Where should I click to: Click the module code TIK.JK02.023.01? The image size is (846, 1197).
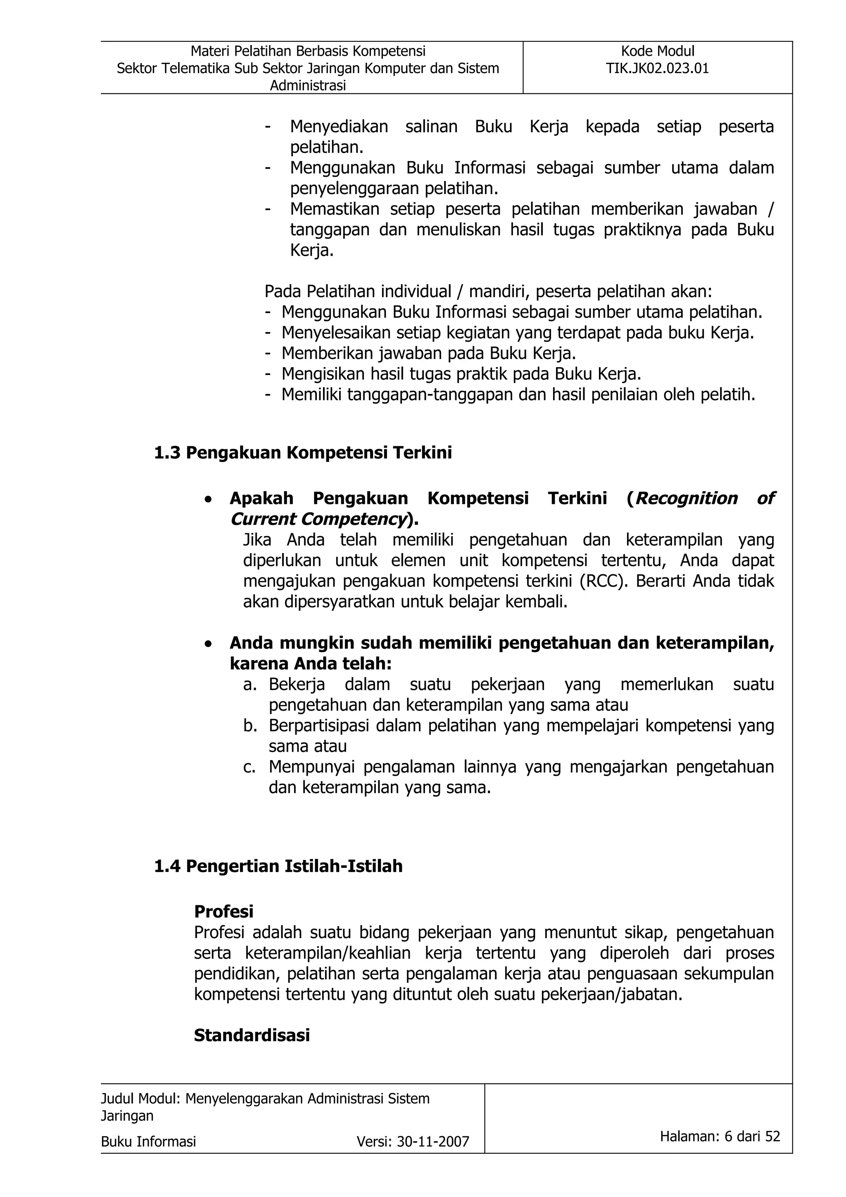657,68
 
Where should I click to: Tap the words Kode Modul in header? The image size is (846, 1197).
657,51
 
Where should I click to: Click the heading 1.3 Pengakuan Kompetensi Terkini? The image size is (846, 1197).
303,453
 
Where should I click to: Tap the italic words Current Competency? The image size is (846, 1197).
318,519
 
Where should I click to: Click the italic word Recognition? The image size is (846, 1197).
687,499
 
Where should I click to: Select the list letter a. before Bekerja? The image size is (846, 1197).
250,684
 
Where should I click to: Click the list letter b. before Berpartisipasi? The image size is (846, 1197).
250,726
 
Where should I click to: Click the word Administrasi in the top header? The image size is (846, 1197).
307,85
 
